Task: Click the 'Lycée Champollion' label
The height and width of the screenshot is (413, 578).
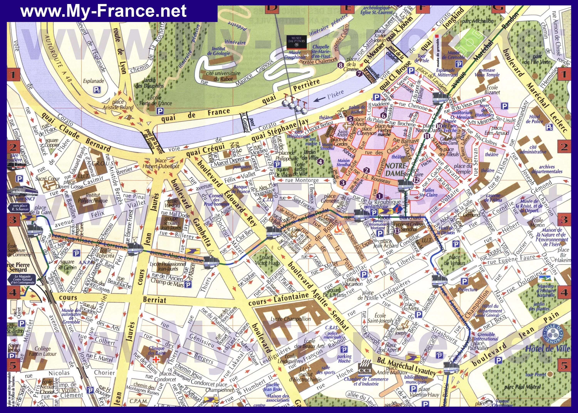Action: tap(291, 319)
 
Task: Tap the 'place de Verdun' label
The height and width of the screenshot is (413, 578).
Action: tap(454, 260)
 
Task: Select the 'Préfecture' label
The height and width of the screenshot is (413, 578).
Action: tap(468, 289)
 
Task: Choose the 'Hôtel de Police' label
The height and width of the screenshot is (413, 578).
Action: tap(534, 119)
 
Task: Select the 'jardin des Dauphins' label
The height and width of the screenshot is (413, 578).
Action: tap(149, 83)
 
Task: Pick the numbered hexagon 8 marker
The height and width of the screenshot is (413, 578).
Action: tap(341, 65)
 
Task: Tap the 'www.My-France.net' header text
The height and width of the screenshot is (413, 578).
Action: tap(104, 11)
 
